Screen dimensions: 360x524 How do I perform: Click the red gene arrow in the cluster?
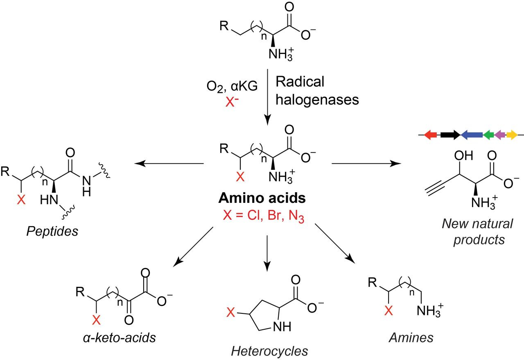[x=430, y=135]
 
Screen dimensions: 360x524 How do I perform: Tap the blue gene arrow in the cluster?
[x=472, y=135]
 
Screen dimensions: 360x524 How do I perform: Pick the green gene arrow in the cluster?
[x=488, y=135]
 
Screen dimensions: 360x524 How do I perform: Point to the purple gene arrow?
[x=500, y=135]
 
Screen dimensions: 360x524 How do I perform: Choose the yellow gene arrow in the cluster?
[x=512, y=135]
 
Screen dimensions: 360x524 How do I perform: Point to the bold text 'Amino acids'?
[x=262, y=198]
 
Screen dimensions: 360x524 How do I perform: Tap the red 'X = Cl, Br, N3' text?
[x=262, y=216]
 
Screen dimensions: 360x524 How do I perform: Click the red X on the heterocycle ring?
[x=231, y=313]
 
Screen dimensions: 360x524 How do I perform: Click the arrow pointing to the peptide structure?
[x=169, y=164]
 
